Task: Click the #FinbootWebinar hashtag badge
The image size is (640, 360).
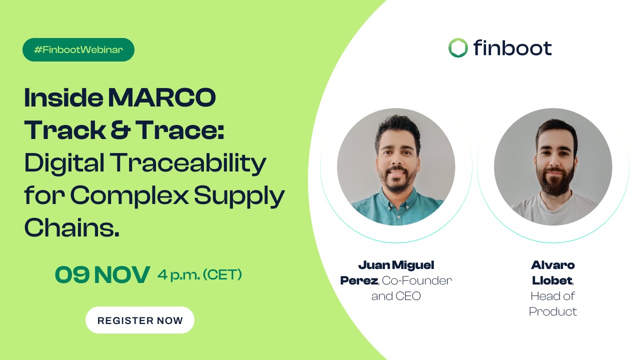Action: tap(78, 50)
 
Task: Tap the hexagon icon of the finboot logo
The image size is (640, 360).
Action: tap(458, 48)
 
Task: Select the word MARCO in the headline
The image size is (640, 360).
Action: tap(162, 98)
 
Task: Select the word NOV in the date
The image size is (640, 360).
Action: tap(122, 274)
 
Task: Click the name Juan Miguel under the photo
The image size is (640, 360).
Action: tap(396, 265)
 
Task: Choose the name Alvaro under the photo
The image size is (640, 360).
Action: tap(553, 265)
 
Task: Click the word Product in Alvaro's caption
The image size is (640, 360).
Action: tap(553, 311)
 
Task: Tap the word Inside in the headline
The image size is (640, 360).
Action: tap(62, 98)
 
